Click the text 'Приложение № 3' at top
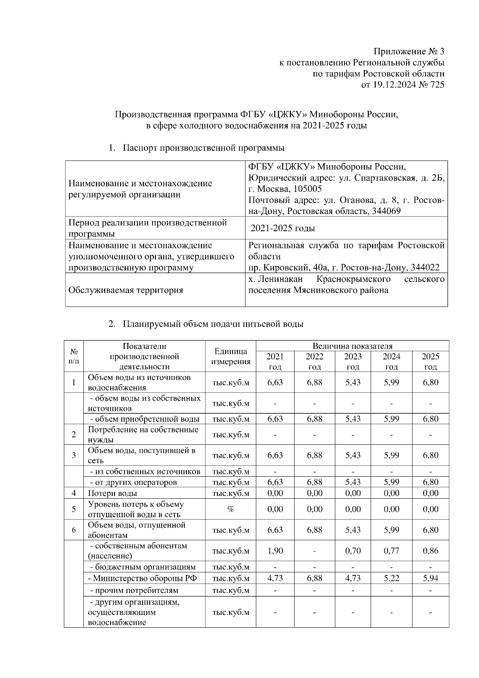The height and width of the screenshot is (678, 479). pos(408,52)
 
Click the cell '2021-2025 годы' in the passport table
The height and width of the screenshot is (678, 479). pos(283,228)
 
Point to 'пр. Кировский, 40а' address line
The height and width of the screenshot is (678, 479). pos(284,268)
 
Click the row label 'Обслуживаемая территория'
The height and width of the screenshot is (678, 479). pos(126,290)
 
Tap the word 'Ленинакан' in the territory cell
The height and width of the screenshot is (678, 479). pos(281,279)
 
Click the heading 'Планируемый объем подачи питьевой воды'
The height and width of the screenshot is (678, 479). pos(213,324)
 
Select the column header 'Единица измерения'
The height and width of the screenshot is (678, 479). pos(231,357)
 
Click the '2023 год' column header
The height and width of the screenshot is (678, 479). pos(353,361)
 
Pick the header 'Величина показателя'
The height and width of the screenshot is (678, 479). pos(352,346)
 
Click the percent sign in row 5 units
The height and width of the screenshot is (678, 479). pos(231,509)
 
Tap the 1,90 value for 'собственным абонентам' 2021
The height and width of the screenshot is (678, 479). pos(275,551)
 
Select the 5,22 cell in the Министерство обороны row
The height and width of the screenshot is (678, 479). pos(391,578)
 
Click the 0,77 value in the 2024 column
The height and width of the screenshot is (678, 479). pos(391,551)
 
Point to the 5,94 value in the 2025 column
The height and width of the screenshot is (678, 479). pos(430,578)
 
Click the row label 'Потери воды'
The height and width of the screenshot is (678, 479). pos(113,493)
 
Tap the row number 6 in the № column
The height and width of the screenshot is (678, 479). pos(74,530)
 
